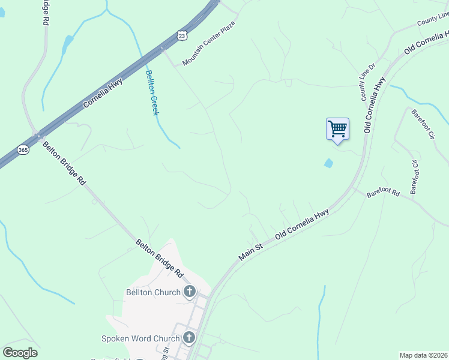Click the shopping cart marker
coord(337,129)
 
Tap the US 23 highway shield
coord(182,36)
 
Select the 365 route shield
coord(23,149)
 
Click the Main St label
coord(251,251)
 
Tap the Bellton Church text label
coord(153,293)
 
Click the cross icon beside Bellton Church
coord(190,292)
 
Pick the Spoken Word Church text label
coord(140,338)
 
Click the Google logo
coord(20,353)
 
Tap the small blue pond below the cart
coord(328,163)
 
